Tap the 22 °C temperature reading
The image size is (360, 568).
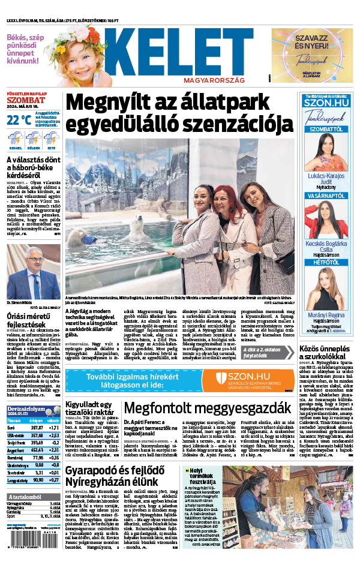point(19,119)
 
